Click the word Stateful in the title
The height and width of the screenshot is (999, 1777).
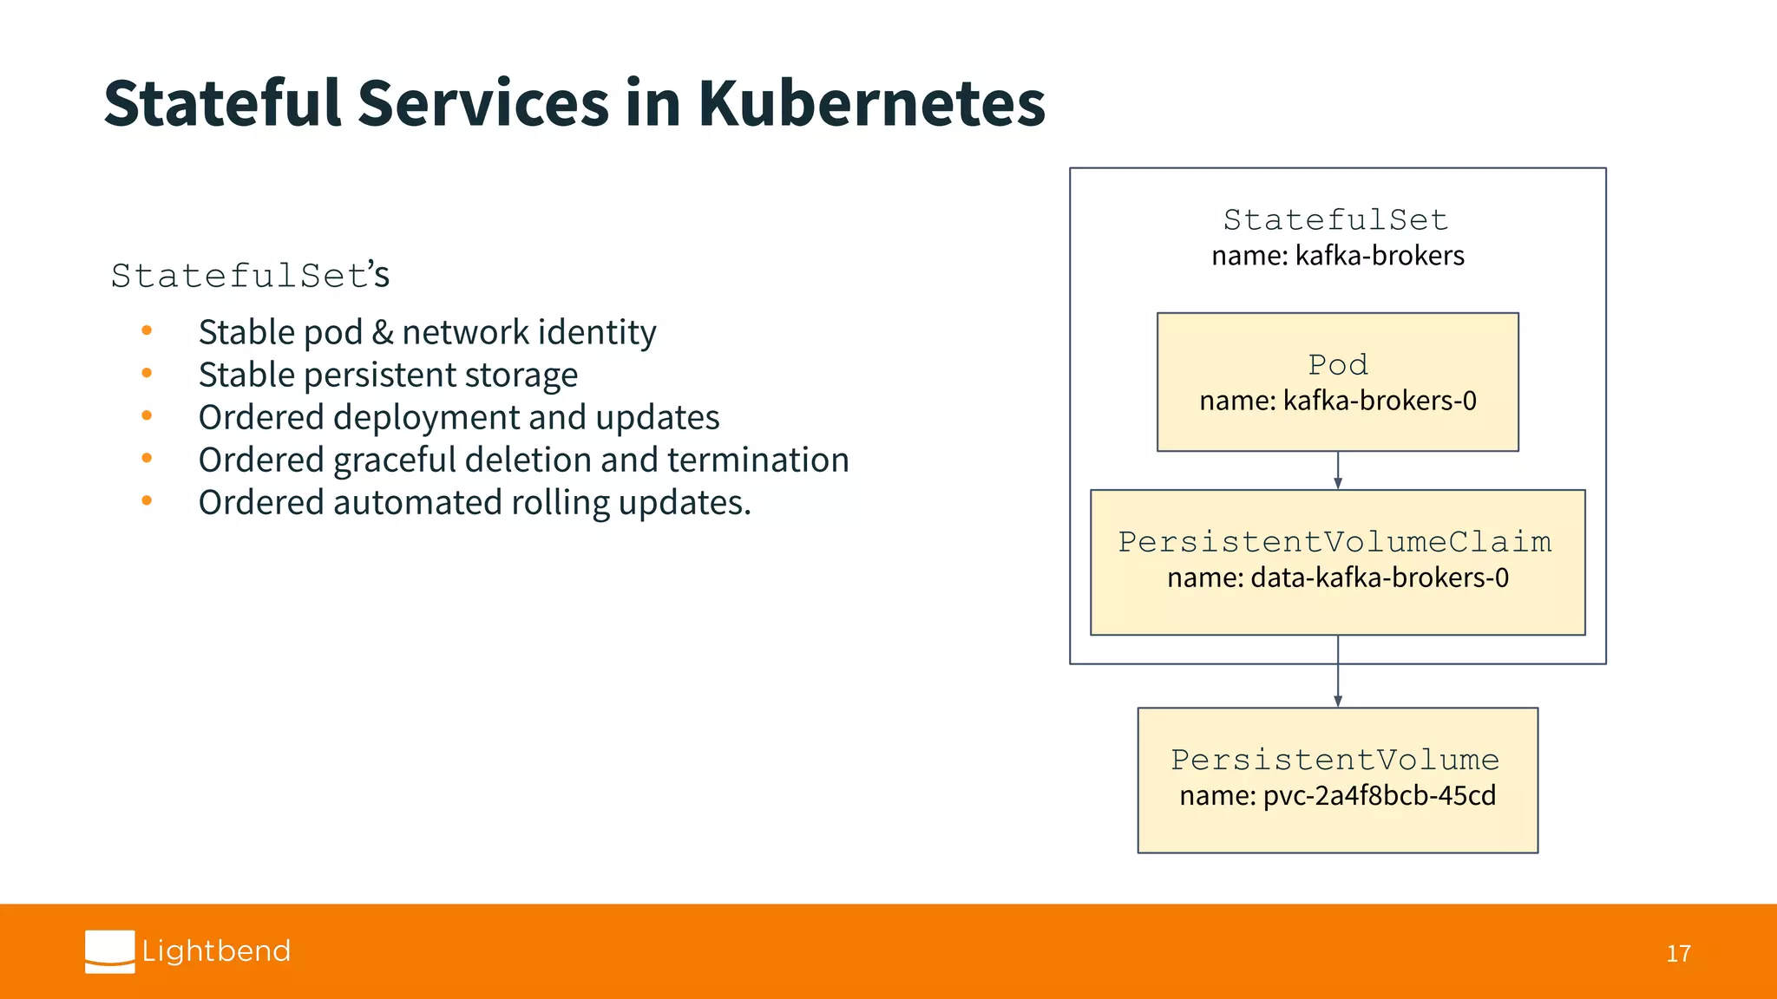point(222,104)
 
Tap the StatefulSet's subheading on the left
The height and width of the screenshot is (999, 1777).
point(250,276)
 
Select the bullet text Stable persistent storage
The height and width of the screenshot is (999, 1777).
point(388,375)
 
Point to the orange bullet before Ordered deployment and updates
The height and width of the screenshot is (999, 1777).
point(147,416)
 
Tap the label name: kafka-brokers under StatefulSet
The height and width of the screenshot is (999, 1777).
point(1337,256)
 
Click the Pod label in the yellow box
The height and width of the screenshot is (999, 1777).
point(1337,365)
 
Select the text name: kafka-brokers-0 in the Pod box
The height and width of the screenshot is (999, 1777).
point(1337,401)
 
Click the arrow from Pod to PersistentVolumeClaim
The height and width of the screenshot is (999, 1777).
point(1338,471)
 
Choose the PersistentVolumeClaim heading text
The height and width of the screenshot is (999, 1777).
point(1334,542)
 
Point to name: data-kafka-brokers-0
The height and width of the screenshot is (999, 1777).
point(1337,578)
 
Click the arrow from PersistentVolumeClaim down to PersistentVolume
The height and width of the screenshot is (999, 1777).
point(1338,672)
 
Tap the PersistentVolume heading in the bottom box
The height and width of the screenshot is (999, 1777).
point(1334,760)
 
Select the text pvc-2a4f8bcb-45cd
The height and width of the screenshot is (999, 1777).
point(1379,796)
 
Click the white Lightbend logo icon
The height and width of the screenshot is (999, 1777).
point(110,951)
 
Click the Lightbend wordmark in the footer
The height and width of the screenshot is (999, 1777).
point(216,951)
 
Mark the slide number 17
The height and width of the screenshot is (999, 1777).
point(1678,954)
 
